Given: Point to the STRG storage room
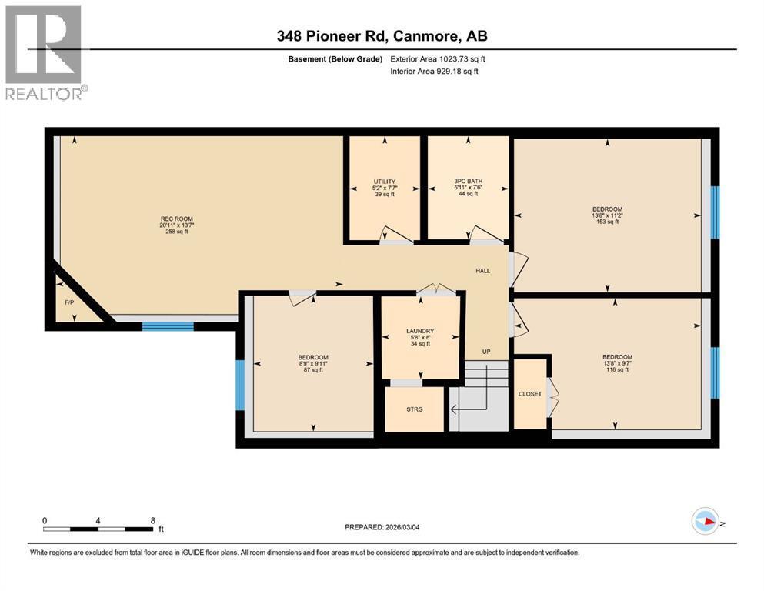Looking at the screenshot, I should coord(415,409).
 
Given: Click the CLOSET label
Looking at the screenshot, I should coord(530,393).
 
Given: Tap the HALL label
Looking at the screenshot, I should coord(482,271).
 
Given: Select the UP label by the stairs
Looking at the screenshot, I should coord(486,352).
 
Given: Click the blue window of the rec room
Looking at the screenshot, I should coord(168,326).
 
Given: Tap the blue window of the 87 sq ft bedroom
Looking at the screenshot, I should coord(240,384).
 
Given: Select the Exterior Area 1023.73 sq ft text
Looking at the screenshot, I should coord(438,58).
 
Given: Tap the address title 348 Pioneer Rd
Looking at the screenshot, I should coord(382,35).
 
